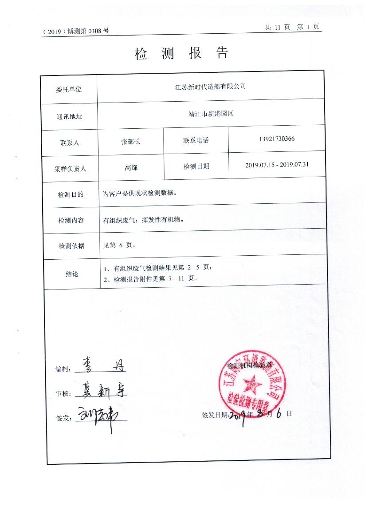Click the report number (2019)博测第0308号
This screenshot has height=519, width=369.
tap(75, 31)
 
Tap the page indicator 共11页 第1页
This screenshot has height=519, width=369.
tap(292, 27)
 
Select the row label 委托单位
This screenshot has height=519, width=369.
tap(69, 89)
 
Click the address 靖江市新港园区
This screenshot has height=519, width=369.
tap(210, 114)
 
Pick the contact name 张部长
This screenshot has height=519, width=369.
tap(130, 141)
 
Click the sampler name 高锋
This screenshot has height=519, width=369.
tap(131, 167)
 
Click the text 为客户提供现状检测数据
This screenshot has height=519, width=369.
tap(140, 193)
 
